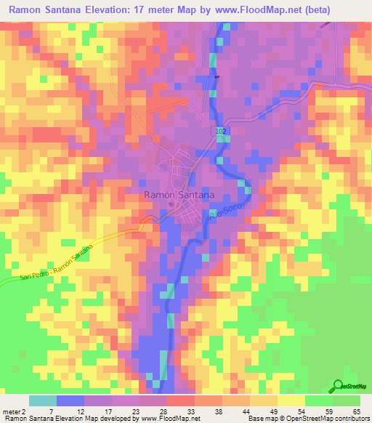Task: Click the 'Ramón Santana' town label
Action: point(179,195)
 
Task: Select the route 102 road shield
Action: point(220,129)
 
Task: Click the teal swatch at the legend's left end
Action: point(42,400)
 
